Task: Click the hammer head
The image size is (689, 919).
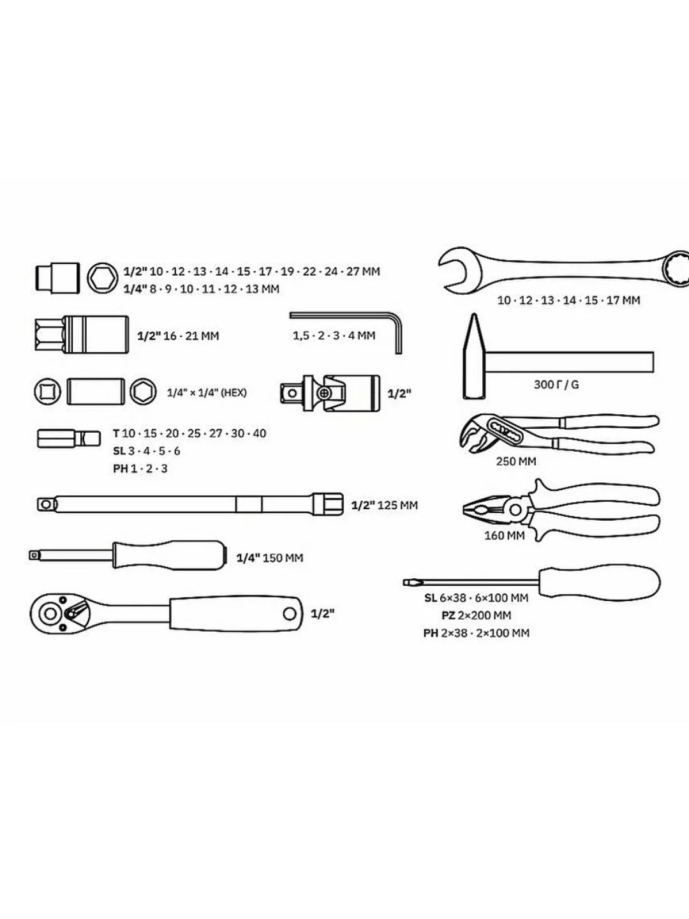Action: point(473,356)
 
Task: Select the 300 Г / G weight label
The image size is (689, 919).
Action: point(556,384)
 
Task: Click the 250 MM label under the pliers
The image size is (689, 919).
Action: point(516,461)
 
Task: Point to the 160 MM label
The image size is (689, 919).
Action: point(504,535)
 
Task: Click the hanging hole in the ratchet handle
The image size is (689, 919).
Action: point(290,614)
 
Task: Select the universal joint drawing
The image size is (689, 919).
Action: point(330,392)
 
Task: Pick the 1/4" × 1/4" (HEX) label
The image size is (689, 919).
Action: point(207,392)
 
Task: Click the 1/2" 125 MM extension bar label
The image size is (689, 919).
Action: point(385,505)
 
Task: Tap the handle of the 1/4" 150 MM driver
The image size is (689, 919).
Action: point(170,555)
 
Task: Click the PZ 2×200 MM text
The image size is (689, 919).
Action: point(476,615)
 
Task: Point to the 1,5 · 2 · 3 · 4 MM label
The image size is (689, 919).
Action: point(334,336)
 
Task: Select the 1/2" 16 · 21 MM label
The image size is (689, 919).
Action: point(178,336)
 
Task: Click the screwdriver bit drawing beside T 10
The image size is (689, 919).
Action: point(69,438)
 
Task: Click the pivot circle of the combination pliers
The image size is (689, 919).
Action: point(516,510)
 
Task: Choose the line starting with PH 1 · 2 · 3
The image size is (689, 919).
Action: point(140,468)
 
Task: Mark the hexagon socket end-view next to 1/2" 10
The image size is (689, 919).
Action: point(103,278)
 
